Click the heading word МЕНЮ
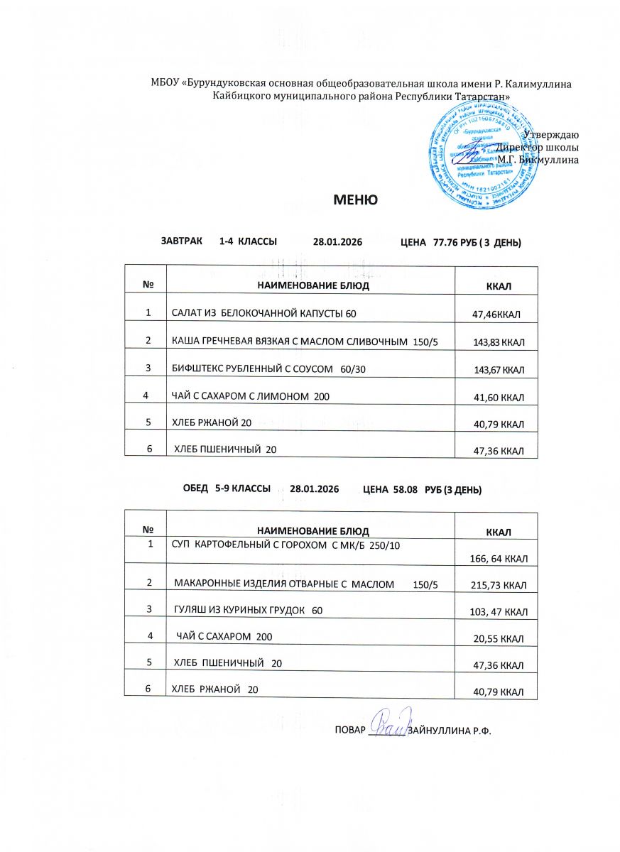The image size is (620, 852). [x=355, y=200]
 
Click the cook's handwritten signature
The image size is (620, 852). [x=388, y=726]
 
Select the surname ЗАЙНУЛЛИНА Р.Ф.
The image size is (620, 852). [x=450, y=731]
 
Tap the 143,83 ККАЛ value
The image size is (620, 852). [x=499, y=343]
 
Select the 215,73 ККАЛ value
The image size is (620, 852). [x=499, y=585]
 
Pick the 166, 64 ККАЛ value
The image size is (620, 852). [x=499, y=559]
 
